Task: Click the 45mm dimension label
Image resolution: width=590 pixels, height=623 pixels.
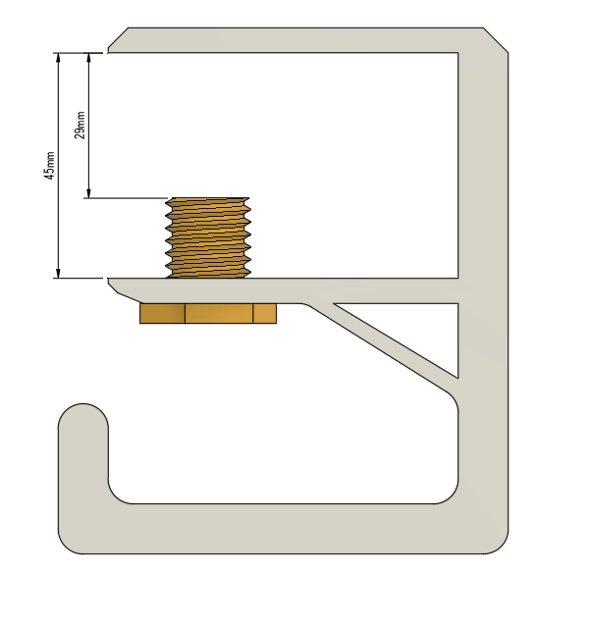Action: [x=49, y=165]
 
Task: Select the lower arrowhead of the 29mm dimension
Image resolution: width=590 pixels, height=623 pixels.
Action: [x=88, y=192]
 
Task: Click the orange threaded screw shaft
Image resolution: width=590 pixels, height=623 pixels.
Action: [x=207, y=238]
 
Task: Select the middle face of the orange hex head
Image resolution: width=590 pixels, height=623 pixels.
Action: [x=219, y=313]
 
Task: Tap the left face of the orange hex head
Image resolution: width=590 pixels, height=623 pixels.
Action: [x=162, y=313]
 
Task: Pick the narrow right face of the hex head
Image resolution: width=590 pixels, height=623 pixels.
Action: [x=265, y=313]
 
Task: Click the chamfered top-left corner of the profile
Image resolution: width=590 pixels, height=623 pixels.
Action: [x=119, y=40]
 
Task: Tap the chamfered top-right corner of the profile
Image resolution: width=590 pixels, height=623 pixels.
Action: [x=496, y=40]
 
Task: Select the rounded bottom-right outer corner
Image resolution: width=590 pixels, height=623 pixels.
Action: [x=498, y=543]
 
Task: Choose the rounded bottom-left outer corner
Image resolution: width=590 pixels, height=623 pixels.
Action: [x=69, y=543]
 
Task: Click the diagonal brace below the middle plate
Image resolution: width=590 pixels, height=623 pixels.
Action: [x=383, y=353]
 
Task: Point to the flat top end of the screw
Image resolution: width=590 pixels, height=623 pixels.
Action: [x=207, y=199]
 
